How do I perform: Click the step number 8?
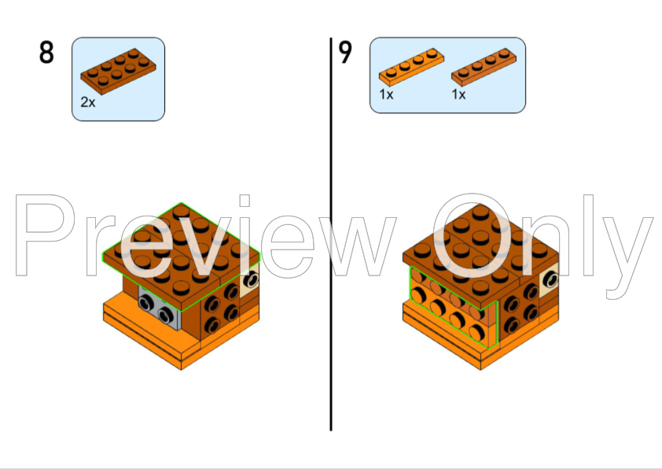pos(46,53)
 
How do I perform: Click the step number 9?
pos(345,53)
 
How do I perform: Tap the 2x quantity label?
pos(87,102)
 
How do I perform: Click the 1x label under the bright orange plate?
pos(386,94)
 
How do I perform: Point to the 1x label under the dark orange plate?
pos(458,94)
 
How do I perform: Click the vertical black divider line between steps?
pos(331,236)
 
